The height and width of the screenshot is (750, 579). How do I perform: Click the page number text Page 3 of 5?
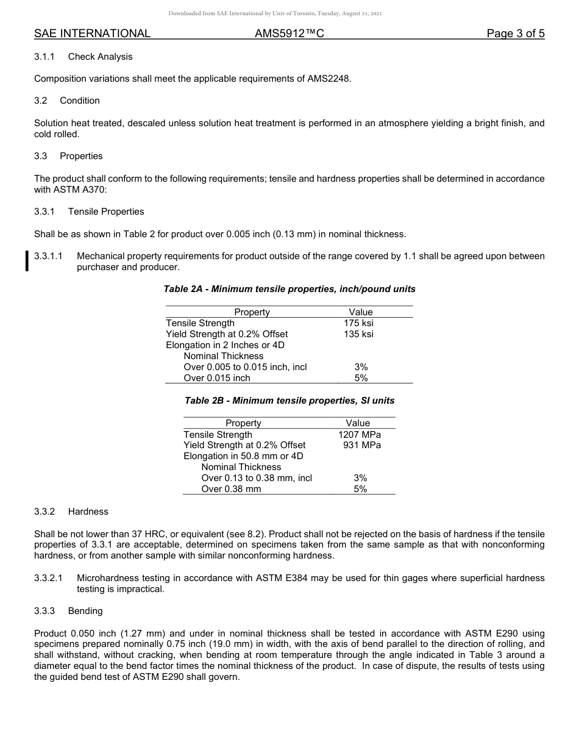pos(515,34)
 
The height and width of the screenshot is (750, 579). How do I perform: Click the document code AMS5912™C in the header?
pos(289,34)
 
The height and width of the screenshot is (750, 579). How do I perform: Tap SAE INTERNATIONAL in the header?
pos(92,34)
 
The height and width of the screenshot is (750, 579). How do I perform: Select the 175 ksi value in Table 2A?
pos(358,323)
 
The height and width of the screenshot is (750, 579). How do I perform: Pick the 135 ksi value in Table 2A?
pos(358,334)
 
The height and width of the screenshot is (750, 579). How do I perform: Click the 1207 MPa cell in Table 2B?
pos(360,435)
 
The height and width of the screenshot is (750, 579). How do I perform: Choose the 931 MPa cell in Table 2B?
pos(362,445)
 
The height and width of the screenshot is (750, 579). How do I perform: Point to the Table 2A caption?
pos(289,289)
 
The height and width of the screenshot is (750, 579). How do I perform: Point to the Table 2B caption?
pos(289,401)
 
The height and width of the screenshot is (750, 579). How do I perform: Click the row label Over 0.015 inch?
pos(217,378)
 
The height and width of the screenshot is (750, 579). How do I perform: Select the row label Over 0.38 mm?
pos(231,489)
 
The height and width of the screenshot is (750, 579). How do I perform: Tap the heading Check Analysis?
pos(100,57)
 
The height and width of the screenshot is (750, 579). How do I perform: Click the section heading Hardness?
pos(88,512)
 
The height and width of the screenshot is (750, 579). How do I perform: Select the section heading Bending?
pos(85,611)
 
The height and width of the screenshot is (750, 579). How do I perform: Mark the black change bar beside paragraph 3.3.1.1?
pos(27,261)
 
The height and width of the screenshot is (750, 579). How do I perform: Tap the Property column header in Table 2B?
pos(243,423)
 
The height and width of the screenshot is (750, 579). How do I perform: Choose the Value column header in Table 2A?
pos(361,312)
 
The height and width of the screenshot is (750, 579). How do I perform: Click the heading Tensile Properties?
pos(106,212)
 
